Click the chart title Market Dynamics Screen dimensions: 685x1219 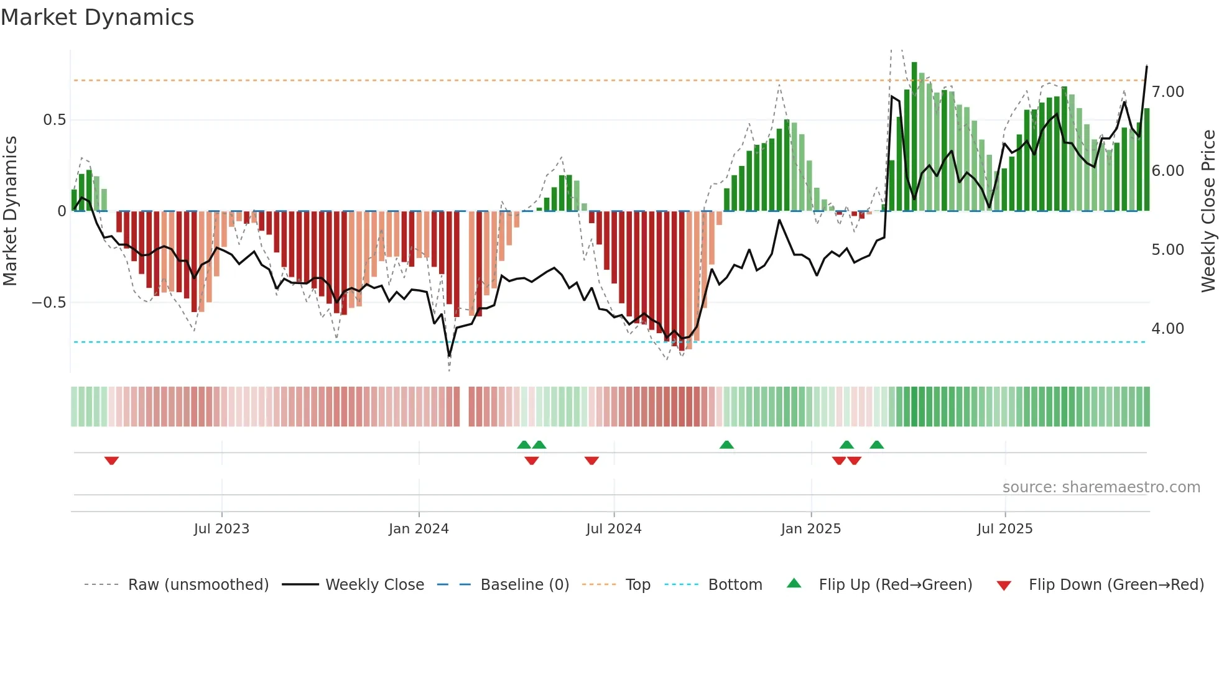[x=97, y=17]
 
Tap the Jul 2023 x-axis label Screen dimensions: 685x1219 [x=221, y=529]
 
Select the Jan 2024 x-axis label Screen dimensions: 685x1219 [x=419, y=529]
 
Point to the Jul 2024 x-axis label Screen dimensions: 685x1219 [x=613, y=529]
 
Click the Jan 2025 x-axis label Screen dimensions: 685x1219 [x=810, y=529]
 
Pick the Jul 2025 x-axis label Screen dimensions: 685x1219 [x=1004, y=529]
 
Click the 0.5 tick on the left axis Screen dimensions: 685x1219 [x=54, y=120]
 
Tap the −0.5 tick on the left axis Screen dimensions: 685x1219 [x=49, y=303]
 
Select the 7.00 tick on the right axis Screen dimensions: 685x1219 [x=1167, y=92]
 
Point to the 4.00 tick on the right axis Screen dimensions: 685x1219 [x=1167, y=329]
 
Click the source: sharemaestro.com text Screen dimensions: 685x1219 [x=1101, y=487]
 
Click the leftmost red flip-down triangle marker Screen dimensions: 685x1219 [x=111, y=461]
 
